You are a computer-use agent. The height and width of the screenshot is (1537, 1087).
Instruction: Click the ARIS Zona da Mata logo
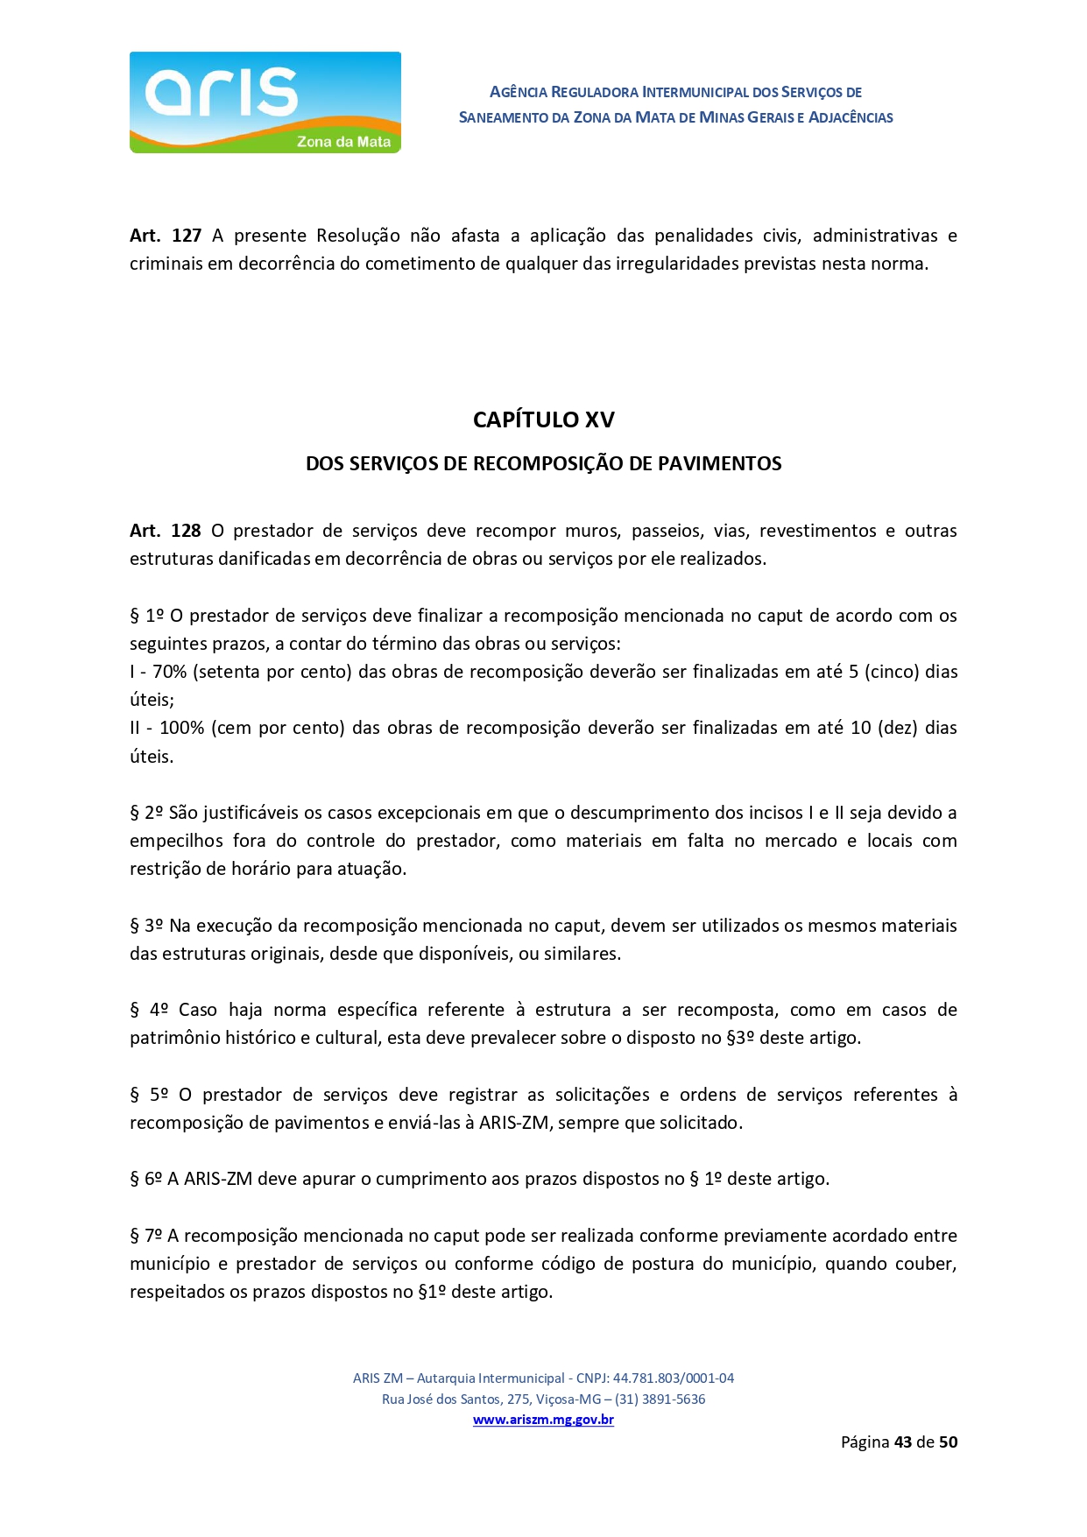(x=265, y=102)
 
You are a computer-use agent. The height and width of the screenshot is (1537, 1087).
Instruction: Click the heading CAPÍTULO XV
(x=543, y=420)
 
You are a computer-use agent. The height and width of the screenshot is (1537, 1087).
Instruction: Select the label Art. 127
(x=166, y=236)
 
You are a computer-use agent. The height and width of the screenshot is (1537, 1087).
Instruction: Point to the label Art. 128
(x=166, y=531)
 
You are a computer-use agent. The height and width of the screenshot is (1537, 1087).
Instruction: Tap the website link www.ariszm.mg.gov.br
(x=543, y=1420)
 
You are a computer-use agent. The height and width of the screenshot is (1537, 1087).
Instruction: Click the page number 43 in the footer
(x=902, y=1442)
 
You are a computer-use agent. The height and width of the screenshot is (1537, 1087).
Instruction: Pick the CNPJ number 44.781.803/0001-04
(x=673, y=1378)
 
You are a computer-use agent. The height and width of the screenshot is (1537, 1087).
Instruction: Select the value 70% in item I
(x=169, y=672)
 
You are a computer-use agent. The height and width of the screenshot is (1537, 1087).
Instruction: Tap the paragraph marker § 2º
(x=146, y=813)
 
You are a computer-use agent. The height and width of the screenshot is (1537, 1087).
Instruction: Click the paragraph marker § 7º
(x=146, y=1236)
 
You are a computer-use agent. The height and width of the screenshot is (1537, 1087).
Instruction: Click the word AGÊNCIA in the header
(x=519, y=92)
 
